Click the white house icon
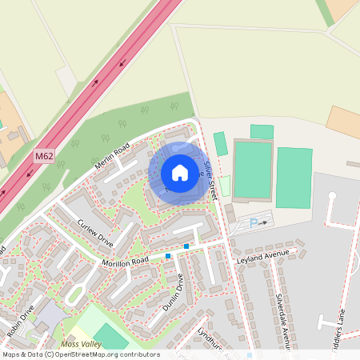point(180,172)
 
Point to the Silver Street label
point(210,180)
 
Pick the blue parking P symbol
point(254,223)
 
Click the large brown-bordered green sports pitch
point(252,169)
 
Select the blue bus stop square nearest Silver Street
point(186,246)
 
